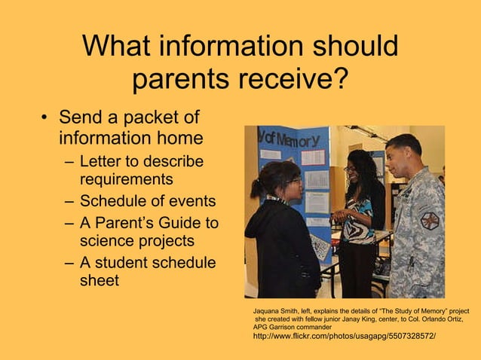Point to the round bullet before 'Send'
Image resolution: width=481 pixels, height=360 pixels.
[x=46, y=119]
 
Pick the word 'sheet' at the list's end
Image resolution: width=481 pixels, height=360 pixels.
[x=100, y=282]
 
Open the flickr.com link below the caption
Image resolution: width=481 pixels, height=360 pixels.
[x=344, y=336]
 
